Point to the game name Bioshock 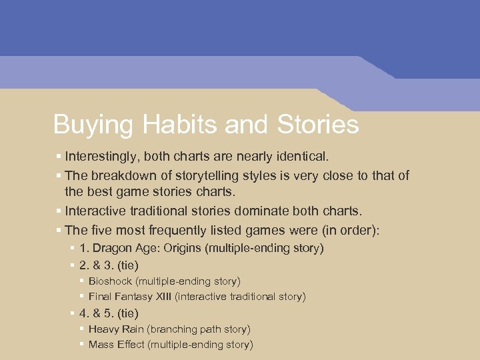click(x=111, y=281)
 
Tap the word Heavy click(x=103, y=329)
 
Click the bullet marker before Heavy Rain click(x=81, y=328)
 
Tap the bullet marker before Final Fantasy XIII click(x=81, y=295)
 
